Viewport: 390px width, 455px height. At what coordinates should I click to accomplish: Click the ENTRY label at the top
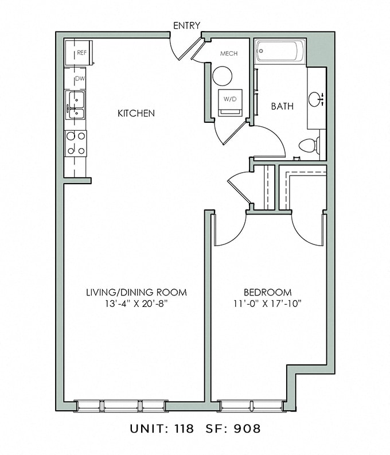click(x=186, y=25)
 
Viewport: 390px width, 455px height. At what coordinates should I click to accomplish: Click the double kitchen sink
click(x=75, y=105)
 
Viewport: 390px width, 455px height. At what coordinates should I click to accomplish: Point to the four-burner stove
click(x=76, y=143)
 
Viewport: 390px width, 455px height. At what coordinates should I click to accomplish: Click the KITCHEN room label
click(x=136, y=114)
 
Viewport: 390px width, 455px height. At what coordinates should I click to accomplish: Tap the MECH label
click(x=228, y=53)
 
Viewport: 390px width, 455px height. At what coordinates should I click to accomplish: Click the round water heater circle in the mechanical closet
click(x=222, y=76)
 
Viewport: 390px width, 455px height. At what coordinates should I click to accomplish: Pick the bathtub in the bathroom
click(x=280, y=50)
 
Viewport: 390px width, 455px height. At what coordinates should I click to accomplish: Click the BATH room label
click(x=282, y=106)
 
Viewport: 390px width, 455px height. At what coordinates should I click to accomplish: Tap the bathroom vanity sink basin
click(x=315, y=99)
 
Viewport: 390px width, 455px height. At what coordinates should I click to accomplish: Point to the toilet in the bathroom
click(x=310, y=145)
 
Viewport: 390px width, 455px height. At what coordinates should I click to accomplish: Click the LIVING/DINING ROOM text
click(x=136, y=293)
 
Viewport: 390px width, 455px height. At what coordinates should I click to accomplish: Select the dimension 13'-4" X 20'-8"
click(x=136, y=304)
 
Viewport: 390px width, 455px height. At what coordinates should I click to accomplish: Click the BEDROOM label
click(x=267, y=293)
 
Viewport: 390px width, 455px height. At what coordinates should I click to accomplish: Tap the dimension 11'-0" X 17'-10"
click(x=267, y=304)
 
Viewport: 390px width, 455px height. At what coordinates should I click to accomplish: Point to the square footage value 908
click(x=251, y=428)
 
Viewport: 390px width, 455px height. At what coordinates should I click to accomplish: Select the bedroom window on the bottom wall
click(x=251, y=406)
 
